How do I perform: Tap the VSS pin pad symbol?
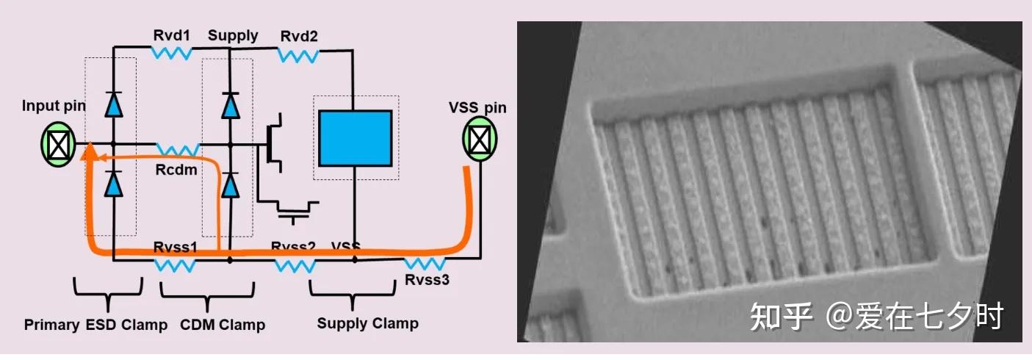(x=479, y=137)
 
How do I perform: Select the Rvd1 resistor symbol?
(x=171, y=52)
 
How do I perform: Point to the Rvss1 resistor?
(x=175, y=264)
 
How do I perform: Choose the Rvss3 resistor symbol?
(x=425, y=263)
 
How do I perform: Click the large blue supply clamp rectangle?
(x=355, y=138)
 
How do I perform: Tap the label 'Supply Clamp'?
(x=367, y=323)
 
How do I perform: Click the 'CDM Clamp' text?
(x=223, y=325)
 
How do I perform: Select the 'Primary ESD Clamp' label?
(x=95, y=325)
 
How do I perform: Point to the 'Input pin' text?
(x=54, y=106)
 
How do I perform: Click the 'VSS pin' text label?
(x=477, y=108)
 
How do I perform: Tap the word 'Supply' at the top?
(x=233, y=35)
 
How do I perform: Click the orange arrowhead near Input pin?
(x=90, y=153)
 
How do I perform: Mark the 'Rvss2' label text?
(x=293, y=246)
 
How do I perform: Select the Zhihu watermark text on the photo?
(x=876, y=317)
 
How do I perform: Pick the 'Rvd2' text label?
(x=297, y=35)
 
